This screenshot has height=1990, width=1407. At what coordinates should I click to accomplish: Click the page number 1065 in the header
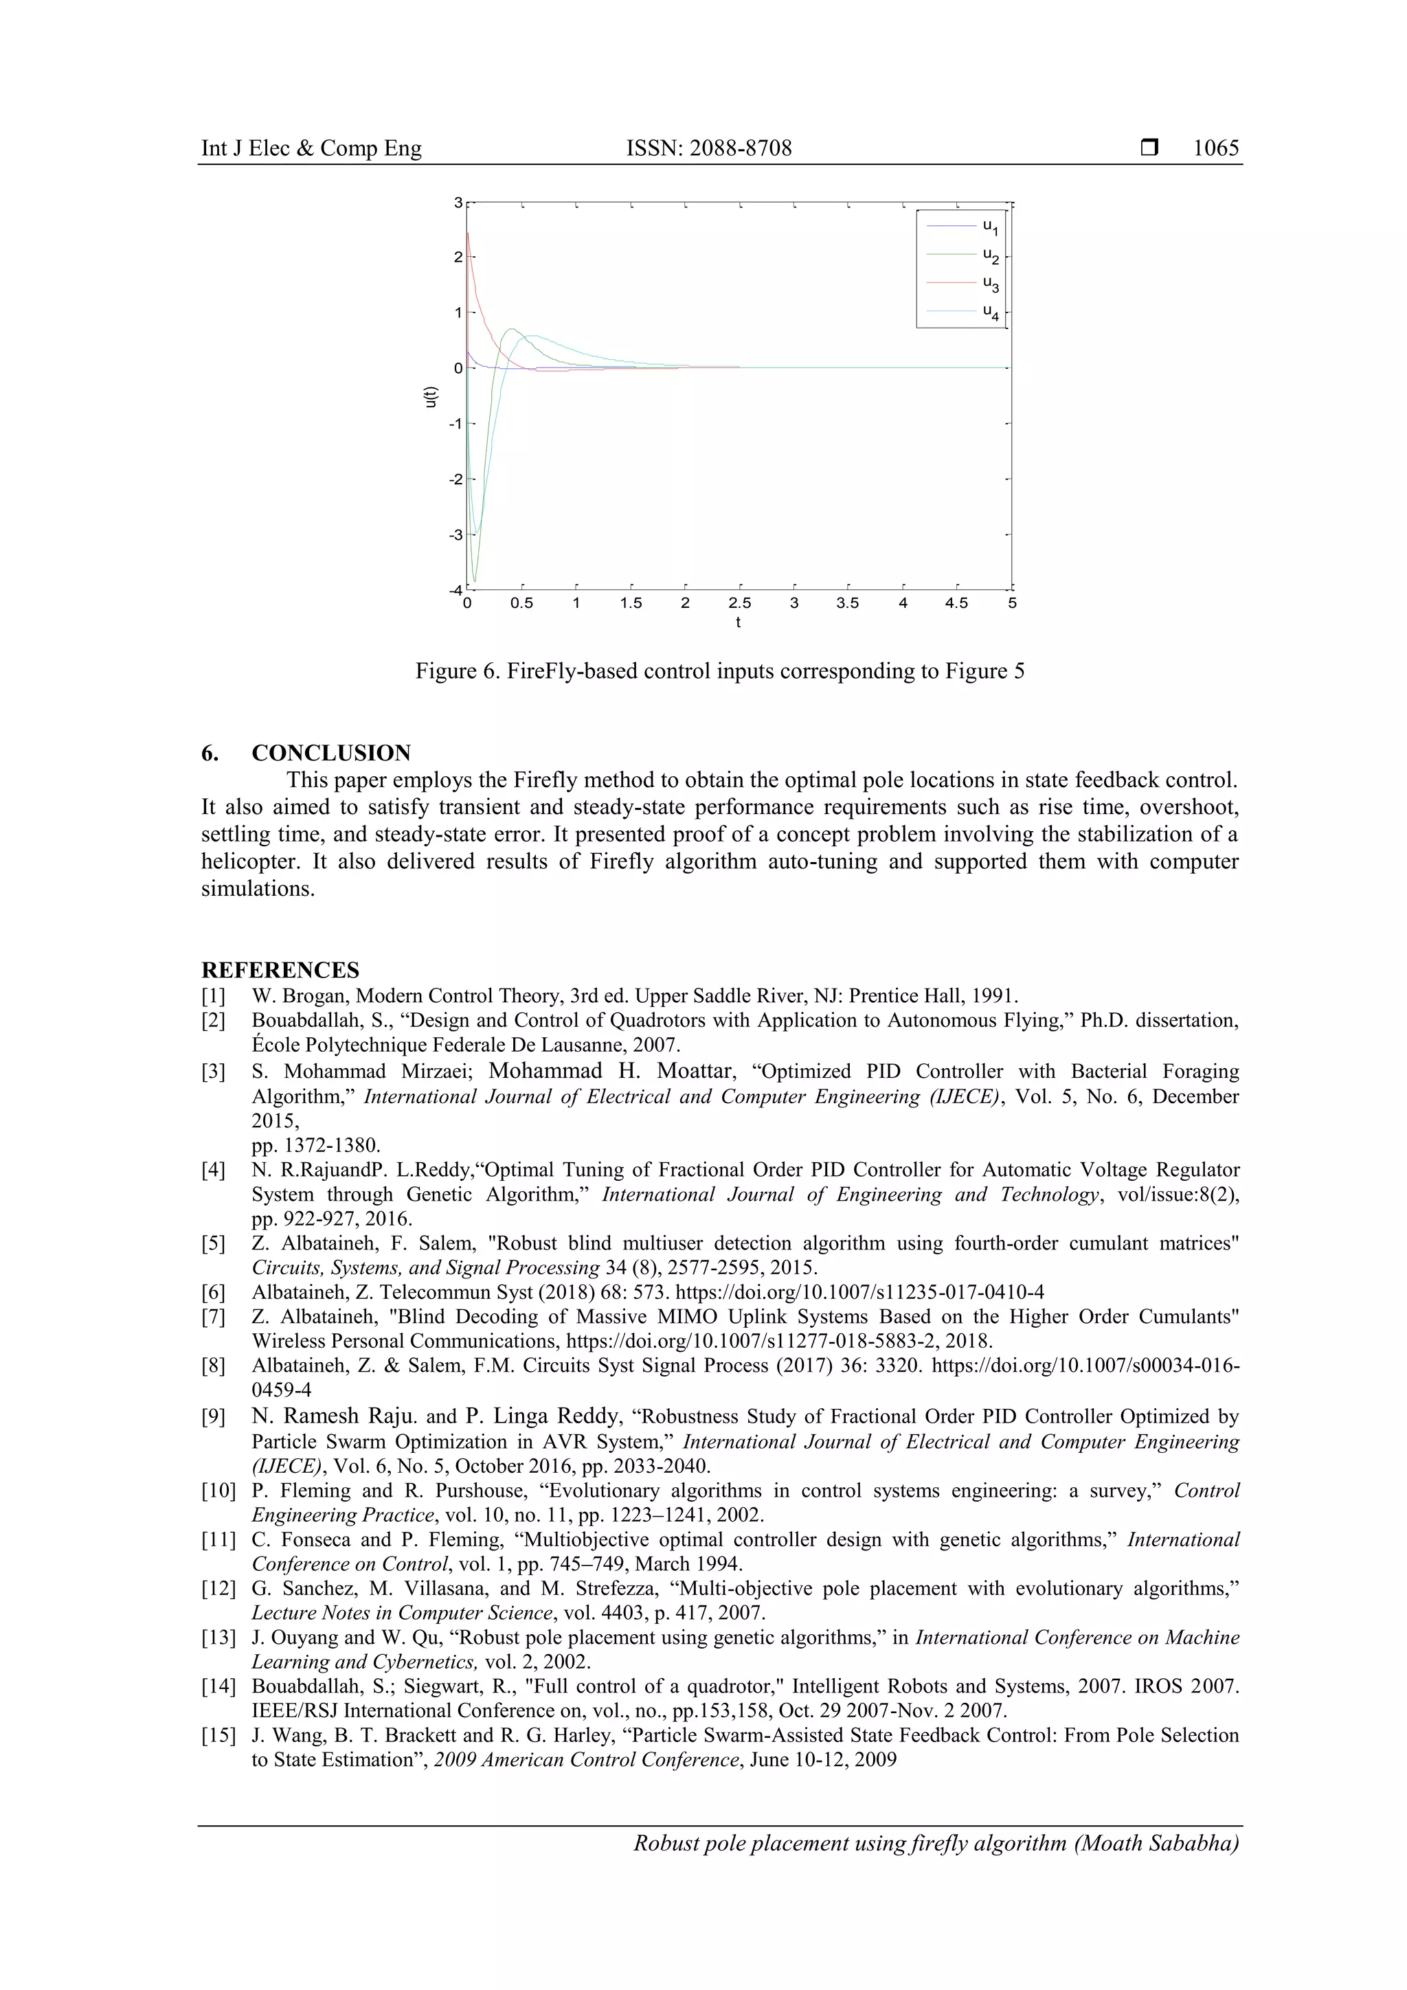click(x=1215, y=148)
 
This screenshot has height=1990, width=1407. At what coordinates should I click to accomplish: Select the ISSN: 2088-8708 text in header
click(x=708, y=148)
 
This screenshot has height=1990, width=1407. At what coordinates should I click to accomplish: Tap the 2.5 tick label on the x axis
click(x=739, y=603)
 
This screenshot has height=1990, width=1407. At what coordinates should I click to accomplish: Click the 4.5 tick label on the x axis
click(x=956, y=603)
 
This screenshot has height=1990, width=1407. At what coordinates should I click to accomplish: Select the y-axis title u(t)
click(x=431, y=396)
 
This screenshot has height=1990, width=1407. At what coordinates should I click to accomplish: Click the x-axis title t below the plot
click(x=738, y=622)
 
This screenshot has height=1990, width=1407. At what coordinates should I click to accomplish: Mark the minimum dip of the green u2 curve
click(x=474, y=580)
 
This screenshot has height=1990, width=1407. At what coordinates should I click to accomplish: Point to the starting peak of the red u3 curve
click(x=468, y=233)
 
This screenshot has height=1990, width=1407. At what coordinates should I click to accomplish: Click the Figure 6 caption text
click(x=719, y=672)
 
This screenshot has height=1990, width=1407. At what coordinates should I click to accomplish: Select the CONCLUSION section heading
click(x=330, y=752)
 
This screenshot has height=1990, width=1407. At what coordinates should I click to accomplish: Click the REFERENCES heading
click(x=280, y=970)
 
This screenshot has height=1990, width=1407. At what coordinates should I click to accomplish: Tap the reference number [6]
click(x=213, y=1292)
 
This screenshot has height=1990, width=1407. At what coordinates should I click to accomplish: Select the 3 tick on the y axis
click(x=458, y=203)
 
